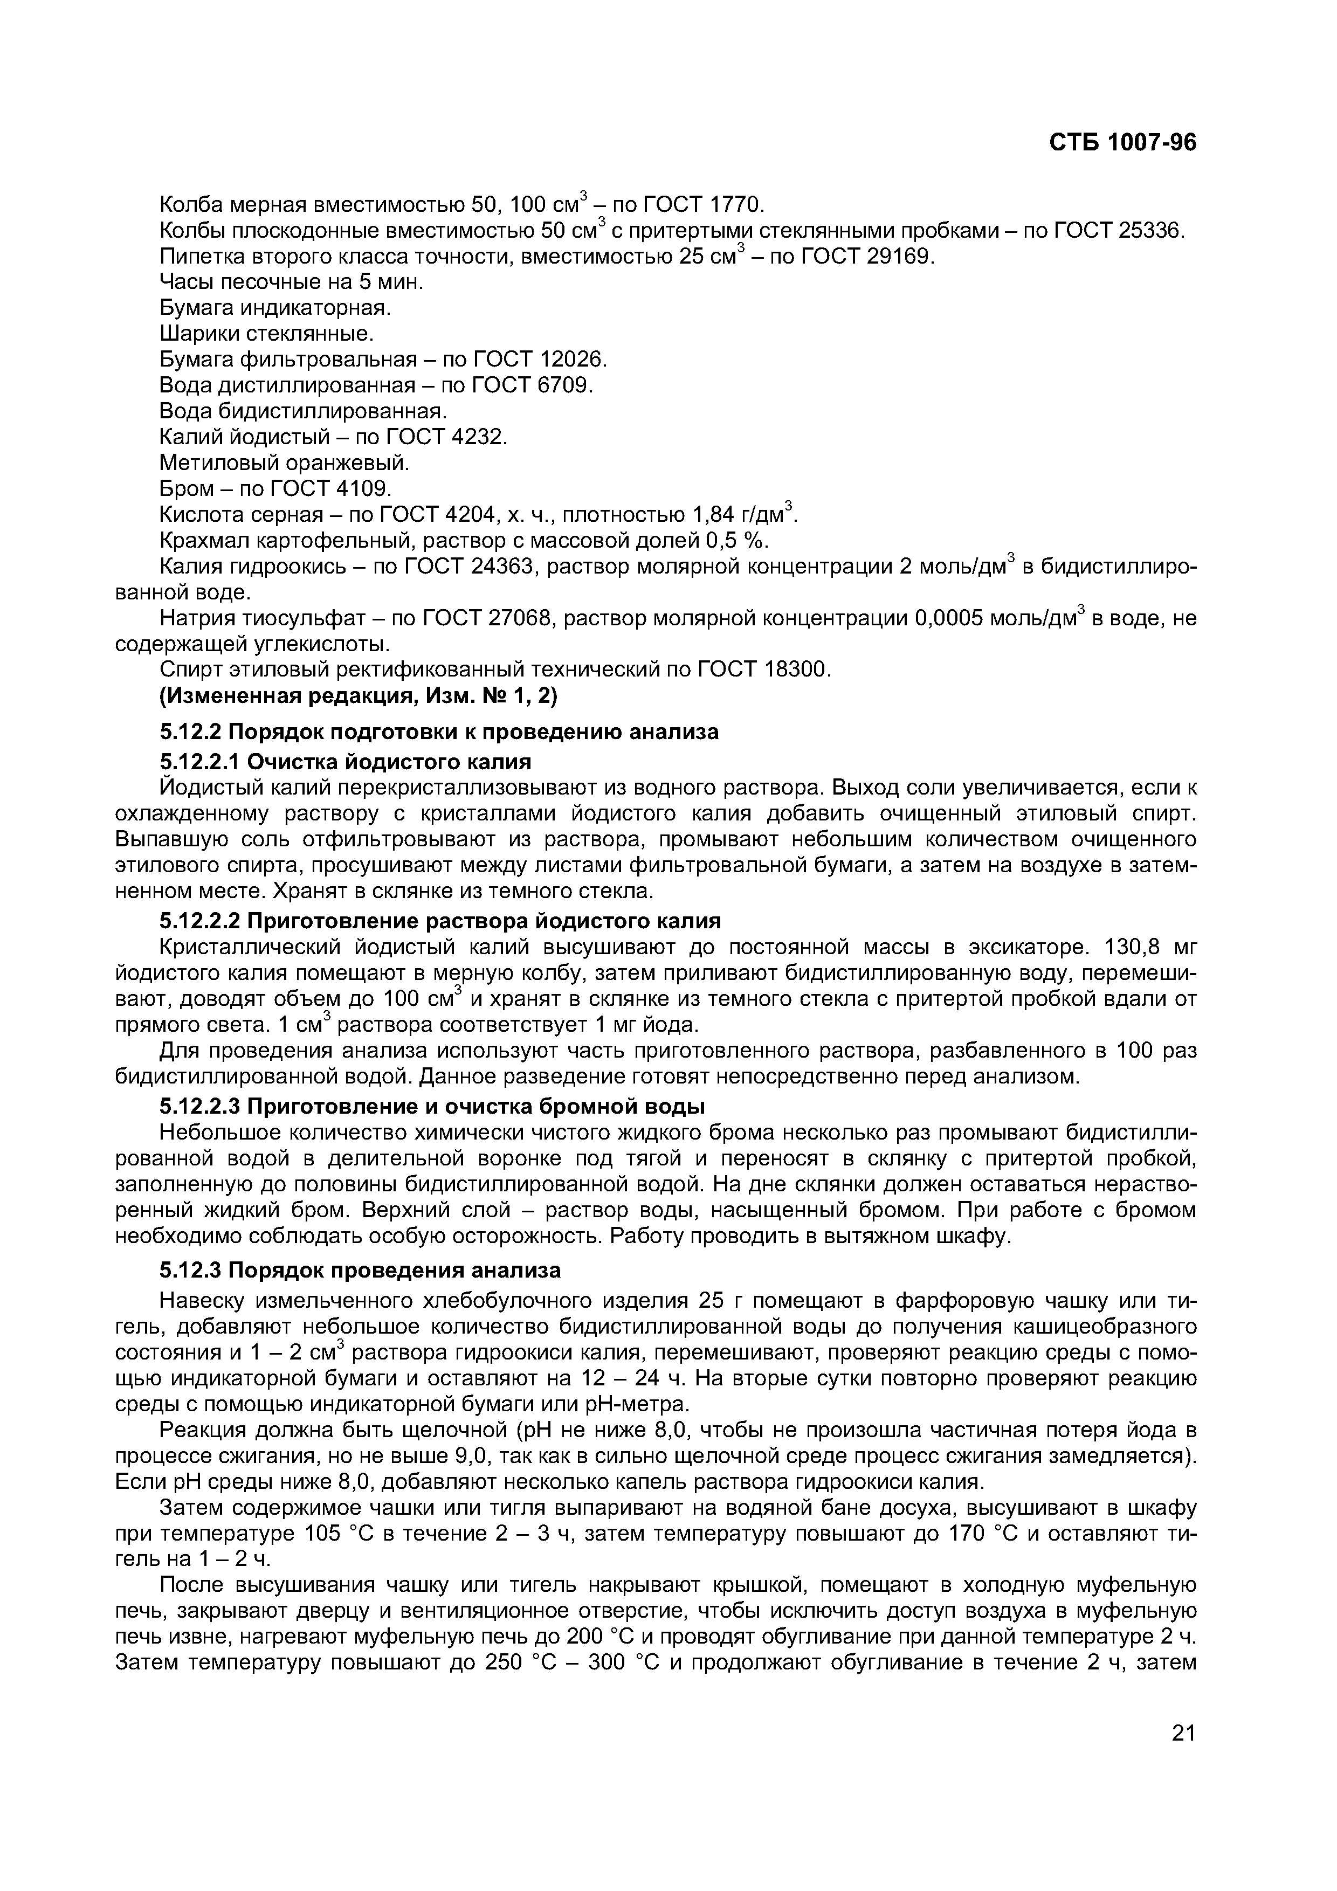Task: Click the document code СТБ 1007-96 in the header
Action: click(1122, 143)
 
